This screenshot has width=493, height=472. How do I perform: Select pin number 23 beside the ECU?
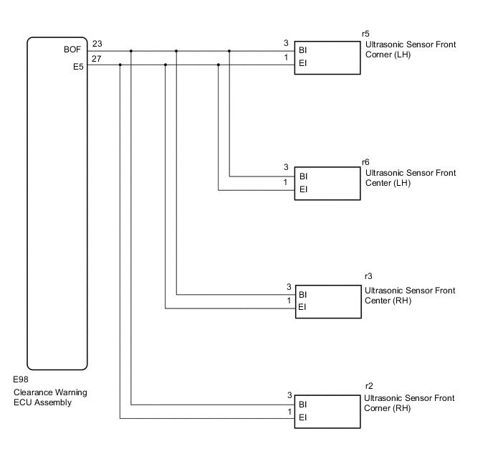[97, 44]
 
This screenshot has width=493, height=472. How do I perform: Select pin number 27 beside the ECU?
[97, 58]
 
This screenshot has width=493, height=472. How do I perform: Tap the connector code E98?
[21, 379]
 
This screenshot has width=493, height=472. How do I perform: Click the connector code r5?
[366, 34]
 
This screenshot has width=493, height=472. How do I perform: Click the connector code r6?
[366, 162]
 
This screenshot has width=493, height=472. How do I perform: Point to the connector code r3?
[368, 276]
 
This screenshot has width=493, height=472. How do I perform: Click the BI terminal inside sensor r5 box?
[303, 51]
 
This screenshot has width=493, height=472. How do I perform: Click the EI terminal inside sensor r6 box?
[303, 190]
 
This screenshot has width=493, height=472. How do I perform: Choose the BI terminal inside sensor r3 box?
[303, 294]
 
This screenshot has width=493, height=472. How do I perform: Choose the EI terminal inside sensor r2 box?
[303, 417]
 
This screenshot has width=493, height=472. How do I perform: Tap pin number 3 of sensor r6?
[286, 168]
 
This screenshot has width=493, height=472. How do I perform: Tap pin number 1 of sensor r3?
[289, 301]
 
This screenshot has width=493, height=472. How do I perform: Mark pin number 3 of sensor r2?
[289, 395]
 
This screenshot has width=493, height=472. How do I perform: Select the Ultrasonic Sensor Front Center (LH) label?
[410, 178]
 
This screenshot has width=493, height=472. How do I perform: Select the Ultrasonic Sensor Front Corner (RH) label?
[410, 403]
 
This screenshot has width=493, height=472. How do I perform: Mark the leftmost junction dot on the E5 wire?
[120, 65]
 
